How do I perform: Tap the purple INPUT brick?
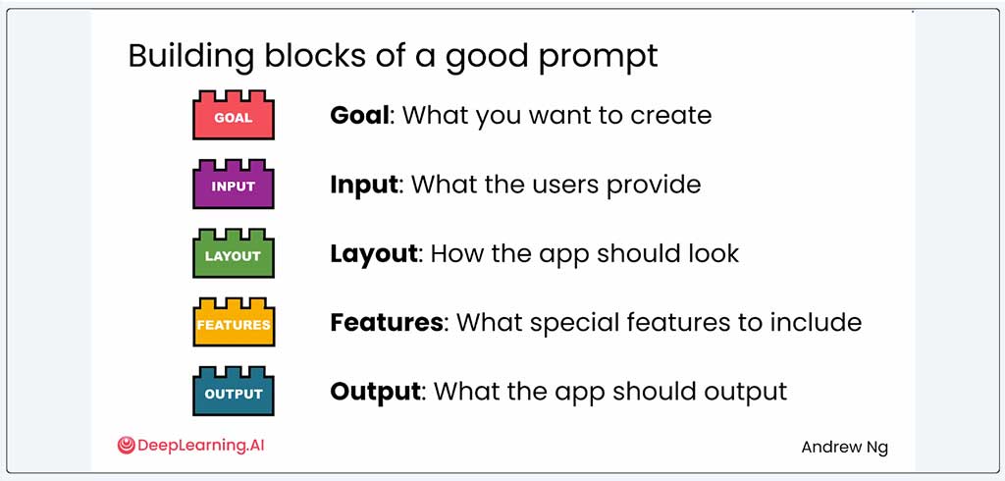click(x=234, y=185)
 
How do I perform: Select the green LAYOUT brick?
click(x=234, y=254)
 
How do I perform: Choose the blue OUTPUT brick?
click(x=234, y=392)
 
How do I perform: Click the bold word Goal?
click(x=359, y=116)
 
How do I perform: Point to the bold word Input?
click(x=364, y=186)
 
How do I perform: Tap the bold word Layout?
click(x=374, y=254)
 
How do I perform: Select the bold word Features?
click(x=387, y=322)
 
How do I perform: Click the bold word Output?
click(x=376, y=392)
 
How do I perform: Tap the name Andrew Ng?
click(x=845, y=447)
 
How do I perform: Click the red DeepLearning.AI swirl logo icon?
click(x=127, y=445)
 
